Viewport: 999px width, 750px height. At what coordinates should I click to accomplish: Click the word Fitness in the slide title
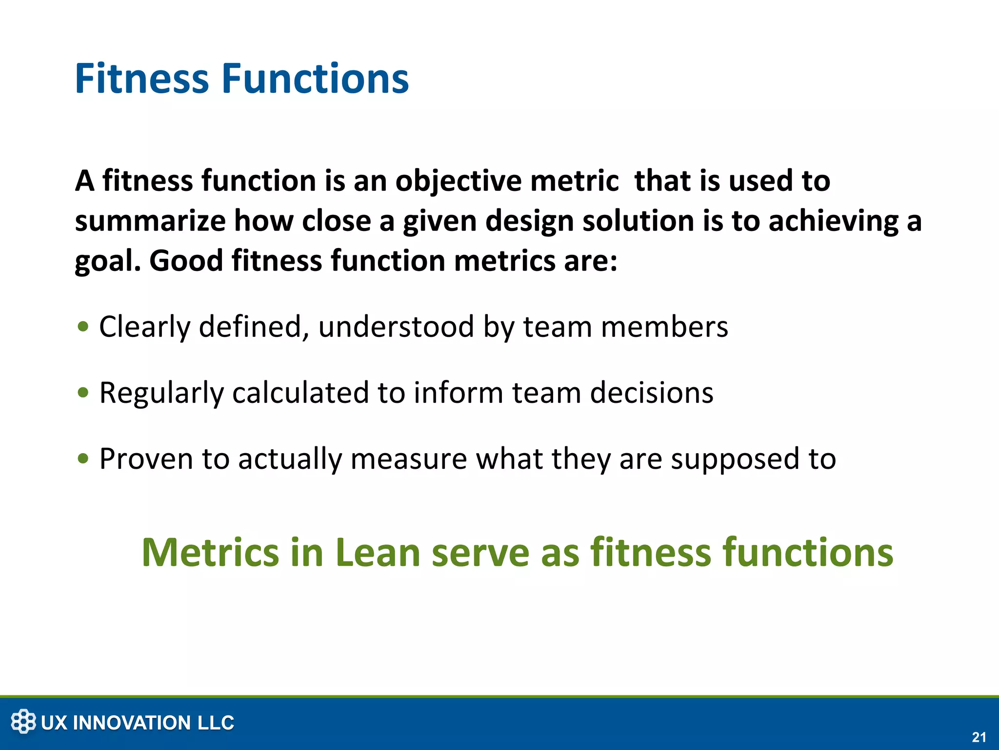click(x=141, y=79)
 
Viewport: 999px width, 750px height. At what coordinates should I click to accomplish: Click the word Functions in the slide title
click(x=315, y=79)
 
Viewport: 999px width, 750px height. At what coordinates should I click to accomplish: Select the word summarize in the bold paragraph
click(x=150, y=221)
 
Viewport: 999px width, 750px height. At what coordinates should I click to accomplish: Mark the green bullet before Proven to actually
click(x=83, y=458)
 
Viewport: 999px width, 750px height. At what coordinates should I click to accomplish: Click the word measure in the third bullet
click(x=409, y=458)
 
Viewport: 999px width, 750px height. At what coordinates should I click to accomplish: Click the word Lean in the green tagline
click(x=378, y=552)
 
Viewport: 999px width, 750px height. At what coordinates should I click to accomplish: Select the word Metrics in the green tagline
click(x=210, y=552)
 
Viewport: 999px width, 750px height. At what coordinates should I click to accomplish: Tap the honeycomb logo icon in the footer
click(x=23, y=722)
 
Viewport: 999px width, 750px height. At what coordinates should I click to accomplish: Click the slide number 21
click(x=979, y=737)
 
